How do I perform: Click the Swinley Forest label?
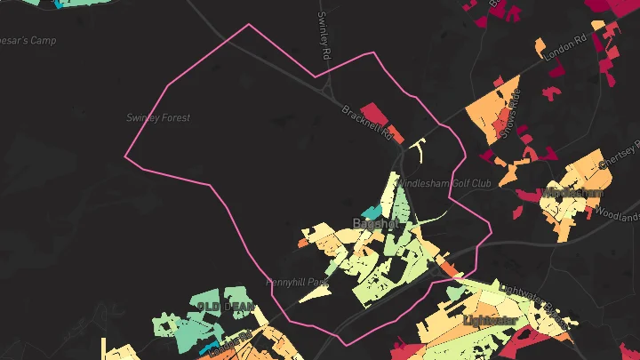[158, 117]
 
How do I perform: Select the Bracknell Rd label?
[367, 123]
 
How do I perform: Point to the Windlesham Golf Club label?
[444, 184]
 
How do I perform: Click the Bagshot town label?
[376, 223]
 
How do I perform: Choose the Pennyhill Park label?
[297, 282]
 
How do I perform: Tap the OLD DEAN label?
[225, 307]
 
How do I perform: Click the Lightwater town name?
[490, 319]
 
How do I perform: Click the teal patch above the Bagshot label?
[371, 212]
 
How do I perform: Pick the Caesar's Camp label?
[29, 41]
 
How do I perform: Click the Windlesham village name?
[572, 193]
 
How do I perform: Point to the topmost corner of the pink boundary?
[248, 24]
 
